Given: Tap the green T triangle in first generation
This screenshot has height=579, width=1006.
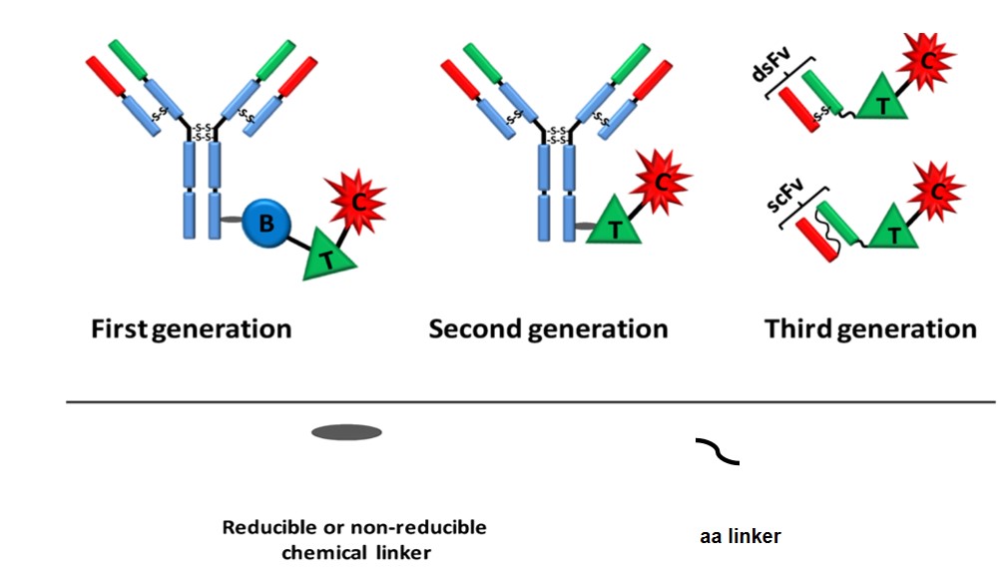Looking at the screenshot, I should click(x=325, y=256).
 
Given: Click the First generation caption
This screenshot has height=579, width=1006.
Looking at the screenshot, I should click(x=192, y=328).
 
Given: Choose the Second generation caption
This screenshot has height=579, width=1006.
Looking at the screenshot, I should click(x=548, y=328).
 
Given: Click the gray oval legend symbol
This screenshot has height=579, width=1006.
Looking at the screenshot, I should click(x=346, y=432).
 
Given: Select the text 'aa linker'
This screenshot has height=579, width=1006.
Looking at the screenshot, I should click(x=740, y=536).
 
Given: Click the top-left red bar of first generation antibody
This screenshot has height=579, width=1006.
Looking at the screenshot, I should click(x=106, y=75).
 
